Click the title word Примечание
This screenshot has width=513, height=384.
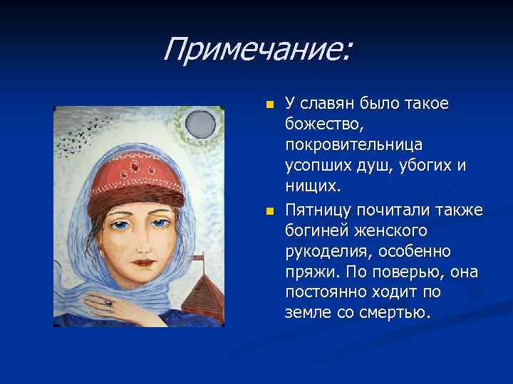(x=256, y=50)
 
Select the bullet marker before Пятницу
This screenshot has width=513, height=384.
(x=269, y=211)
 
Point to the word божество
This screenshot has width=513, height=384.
(x=326, y=124)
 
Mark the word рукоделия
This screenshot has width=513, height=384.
(x=324, y=251)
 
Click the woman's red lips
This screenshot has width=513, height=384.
(x=145, y=262)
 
